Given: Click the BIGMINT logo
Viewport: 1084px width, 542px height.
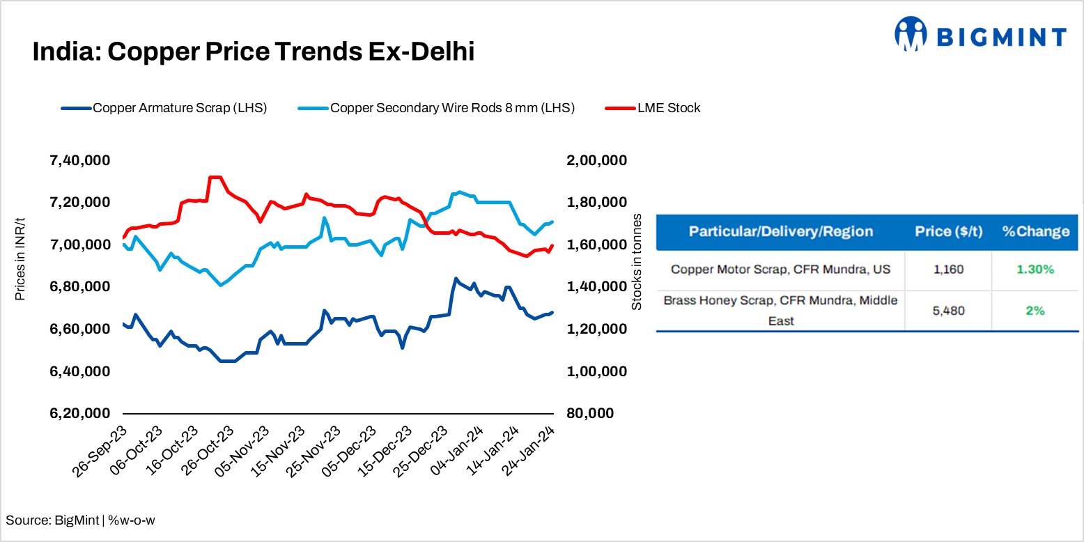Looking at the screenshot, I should (x=980, y=36).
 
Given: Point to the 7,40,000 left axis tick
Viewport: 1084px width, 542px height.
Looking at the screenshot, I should (x=79, y=161).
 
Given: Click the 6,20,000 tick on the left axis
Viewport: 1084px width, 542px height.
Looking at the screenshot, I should (x=79, y=414).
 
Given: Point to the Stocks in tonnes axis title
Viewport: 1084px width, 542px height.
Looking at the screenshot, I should (x=636, y=262).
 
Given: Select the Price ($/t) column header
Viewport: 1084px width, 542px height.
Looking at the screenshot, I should (x=949, y=232).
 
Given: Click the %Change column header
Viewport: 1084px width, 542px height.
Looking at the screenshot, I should (x=1035, y=232).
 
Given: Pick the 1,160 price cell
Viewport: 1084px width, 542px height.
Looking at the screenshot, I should (x=949, y=269).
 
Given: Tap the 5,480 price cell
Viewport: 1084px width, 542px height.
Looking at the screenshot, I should (x=949, y=311).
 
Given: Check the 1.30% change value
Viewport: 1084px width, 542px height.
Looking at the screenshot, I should (x=1035, y=269).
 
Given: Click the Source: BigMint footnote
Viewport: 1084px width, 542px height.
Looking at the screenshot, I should (x=80, y=520).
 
